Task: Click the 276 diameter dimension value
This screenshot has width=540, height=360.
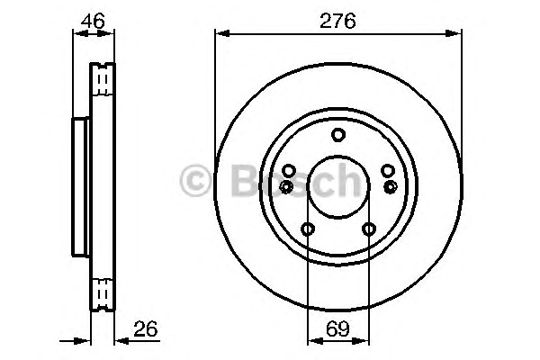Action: tap(337, 21)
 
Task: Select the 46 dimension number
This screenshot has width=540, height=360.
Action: tap(93, 22)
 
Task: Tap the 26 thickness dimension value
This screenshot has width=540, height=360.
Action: tap(145, 328)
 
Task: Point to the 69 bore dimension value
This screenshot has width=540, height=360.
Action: tap(337, 328)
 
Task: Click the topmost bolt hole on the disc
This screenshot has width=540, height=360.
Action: tap(338, 134)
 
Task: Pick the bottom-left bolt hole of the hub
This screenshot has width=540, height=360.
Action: tap(308, 229)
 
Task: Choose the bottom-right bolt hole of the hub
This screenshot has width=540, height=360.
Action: tap(369, 229)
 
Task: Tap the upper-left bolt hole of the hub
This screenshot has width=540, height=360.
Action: tap(289, 170)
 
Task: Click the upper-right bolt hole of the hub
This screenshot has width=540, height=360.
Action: tap(388, 170)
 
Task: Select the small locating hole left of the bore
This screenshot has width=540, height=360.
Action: tap(286, 187)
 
